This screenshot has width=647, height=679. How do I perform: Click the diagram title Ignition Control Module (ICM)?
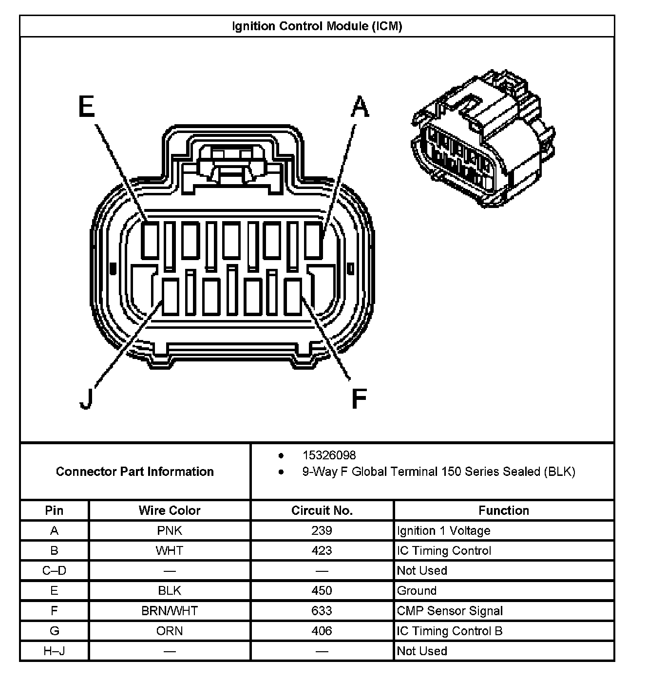(317, 26)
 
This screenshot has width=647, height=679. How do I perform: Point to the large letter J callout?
(86, 398)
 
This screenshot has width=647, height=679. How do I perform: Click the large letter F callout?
(359, 398)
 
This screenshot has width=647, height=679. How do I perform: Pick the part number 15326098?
(329, 455)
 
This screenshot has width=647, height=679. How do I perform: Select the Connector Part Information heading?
(135, 472)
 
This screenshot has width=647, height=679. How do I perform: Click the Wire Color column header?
(170, 510)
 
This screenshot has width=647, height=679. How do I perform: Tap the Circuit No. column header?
(322, 510)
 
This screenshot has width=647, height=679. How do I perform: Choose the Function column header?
(504, 510)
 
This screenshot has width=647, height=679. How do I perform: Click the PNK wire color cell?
(170, 530)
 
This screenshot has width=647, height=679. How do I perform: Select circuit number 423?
(322, 550)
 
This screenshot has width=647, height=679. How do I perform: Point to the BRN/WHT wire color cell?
(170, 611)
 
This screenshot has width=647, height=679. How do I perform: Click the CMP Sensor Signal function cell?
(450, 611)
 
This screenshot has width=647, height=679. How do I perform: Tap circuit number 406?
(322, 631)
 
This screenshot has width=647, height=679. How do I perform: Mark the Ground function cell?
(417, 591)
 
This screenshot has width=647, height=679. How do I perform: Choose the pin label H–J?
(54, 651)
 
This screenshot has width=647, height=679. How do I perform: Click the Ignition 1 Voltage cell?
(443, 530)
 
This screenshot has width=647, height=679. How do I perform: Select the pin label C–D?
(54, 570)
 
